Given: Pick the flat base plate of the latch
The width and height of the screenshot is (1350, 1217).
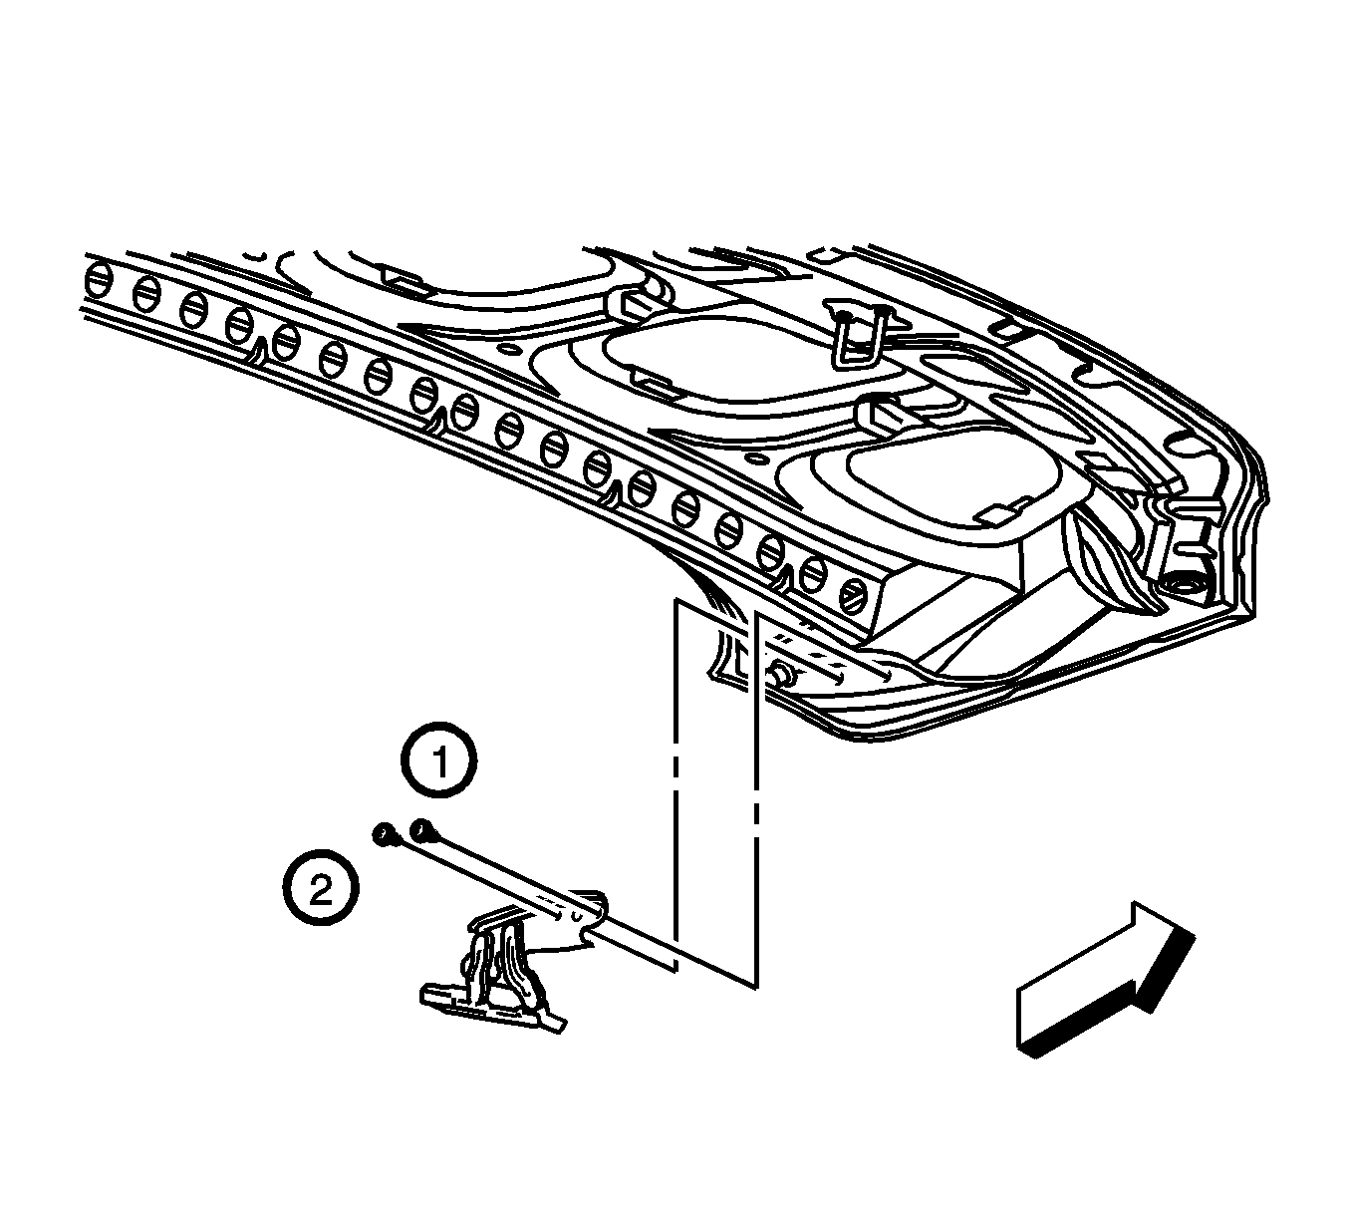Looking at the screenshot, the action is pos(492,1009).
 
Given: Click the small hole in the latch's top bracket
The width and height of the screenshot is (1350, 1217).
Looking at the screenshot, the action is pos(576,917).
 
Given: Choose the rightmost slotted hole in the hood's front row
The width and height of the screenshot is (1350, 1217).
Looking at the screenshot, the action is pos(855,595).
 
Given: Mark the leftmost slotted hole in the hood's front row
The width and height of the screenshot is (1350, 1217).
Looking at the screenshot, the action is pos(98,281).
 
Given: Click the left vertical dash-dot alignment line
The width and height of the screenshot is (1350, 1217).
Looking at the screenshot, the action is pos(675,784).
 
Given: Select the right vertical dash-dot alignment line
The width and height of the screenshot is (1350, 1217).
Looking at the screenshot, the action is pos(756,799).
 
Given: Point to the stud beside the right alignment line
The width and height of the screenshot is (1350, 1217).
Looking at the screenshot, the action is pos(783,674).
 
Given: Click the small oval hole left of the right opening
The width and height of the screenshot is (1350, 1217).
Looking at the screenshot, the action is pos(756,457).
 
